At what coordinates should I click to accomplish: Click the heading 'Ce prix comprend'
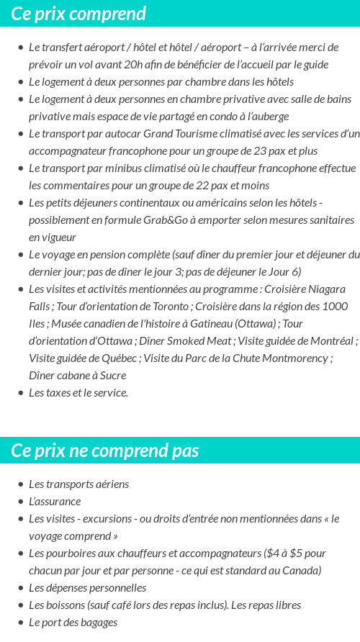[x=78, y=14]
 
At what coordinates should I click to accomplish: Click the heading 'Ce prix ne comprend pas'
[x=105, y=451]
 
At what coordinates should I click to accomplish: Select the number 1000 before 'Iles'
[x=335, y=307]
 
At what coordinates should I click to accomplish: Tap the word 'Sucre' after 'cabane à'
[x=111, y=376]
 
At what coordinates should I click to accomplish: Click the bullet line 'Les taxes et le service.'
[x=78, y=393]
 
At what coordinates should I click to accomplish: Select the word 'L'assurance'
[x=55, y=502]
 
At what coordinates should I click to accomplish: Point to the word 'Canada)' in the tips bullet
[x=301, y=571]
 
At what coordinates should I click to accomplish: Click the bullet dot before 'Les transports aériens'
[x=21, y=484]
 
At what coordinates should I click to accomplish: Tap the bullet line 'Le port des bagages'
[x=73, y=623]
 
